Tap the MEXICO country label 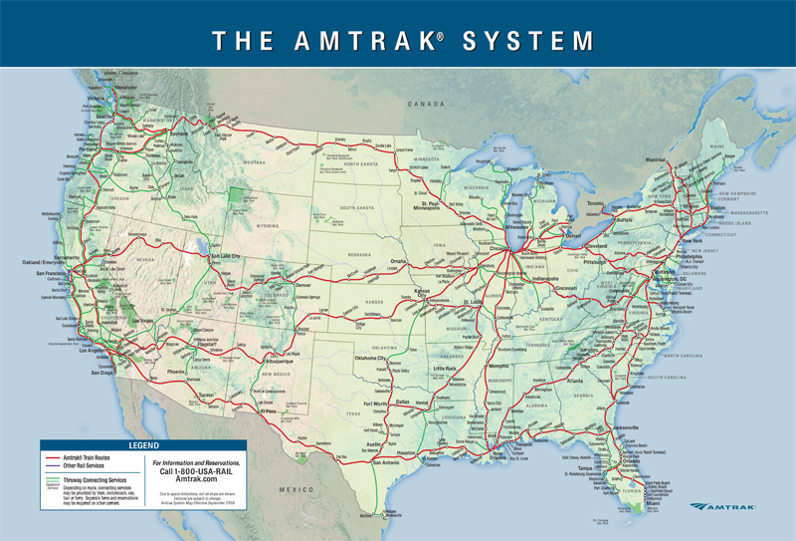[x=296, y=490]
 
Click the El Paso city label [x=267, y=409]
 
